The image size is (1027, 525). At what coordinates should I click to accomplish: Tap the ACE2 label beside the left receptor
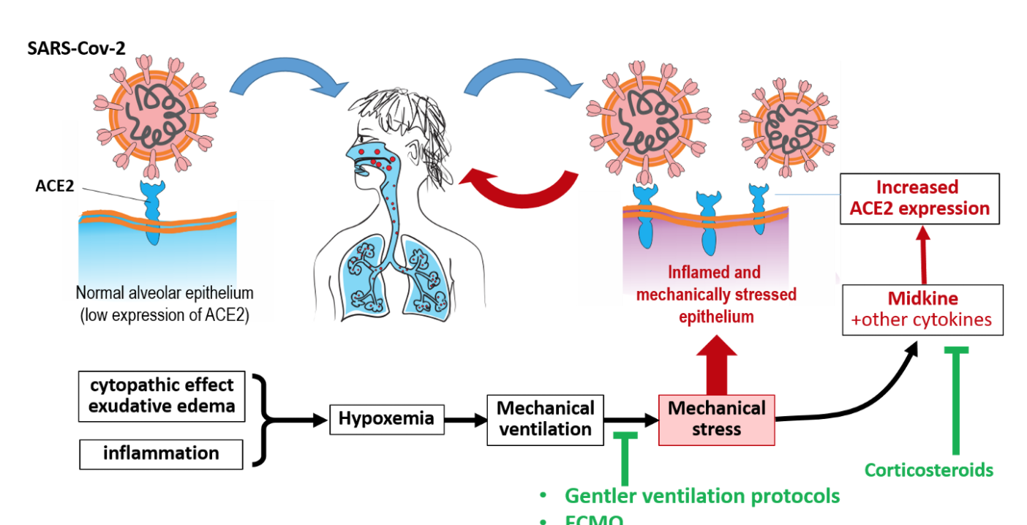coord(56,186)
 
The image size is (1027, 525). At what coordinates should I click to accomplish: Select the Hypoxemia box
coord(386,419)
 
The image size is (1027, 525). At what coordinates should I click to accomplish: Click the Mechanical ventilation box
coord(546,418)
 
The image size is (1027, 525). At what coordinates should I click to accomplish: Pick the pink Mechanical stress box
coord(716,419)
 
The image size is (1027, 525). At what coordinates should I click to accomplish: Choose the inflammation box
coord(161,453)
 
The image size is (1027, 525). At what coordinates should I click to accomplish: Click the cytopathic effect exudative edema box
coord(161,396)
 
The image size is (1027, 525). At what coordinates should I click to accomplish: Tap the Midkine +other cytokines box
coord(922,309)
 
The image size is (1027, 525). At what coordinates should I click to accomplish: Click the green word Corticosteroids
coord(929,470)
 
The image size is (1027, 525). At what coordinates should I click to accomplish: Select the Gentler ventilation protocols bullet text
coord(701,496)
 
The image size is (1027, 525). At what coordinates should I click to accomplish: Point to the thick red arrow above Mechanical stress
coord(717,366)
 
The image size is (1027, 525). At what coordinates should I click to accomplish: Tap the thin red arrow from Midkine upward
coord(923,256)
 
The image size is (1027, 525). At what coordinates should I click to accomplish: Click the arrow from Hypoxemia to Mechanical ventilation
coord(465,420)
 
